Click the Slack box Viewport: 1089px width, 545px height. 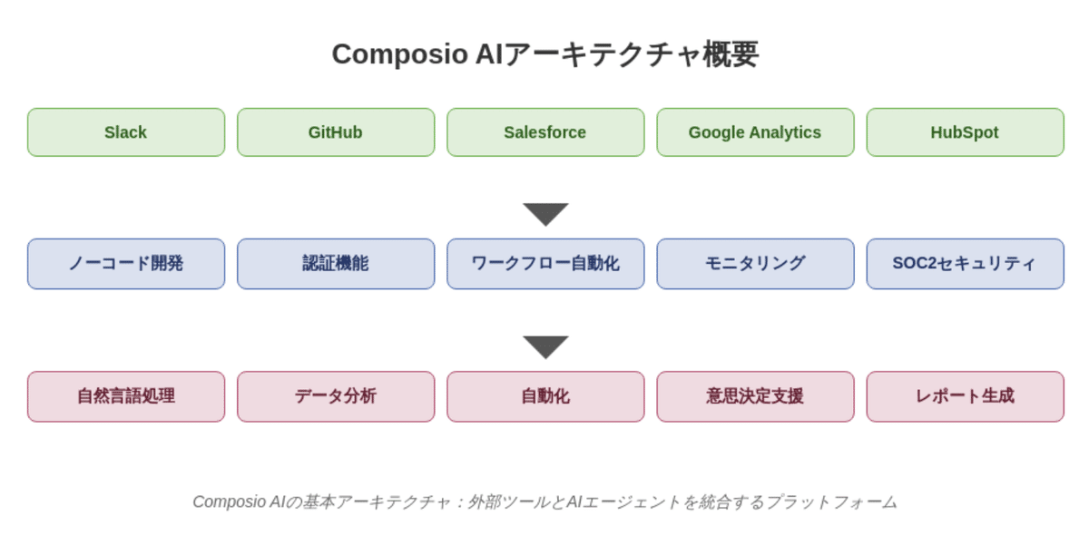coord(125,132)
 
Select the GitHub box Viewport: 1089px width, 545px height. coord(335,132)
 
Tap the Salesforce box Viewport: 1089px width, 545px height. coord(544,132)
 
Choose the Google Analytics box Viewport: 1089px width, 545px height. coord(754,132)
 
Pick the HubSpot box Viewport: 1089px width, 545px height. coord(964,132)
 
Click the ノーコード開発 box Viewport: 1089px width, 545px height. coord(125,264)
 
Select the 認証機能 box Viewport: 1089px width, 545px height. coord(335,264)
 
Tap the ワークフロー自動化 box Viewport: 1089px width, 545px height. coord(544,264)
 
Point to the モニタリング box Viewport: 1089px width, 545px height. coord(754,264)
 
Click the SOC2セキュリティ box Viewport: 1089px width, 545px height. coord(964,264)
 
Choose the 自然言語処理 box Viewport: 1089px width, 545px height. coord(125,396)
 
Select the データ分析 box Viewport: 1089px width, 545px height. coord(335,396)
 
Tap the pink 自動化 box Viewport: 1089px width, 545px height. coord(544,396)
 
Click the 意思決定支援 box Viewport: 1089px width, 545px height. coord(754,396)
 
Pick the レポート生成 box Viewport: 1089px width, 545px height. coord(964,396)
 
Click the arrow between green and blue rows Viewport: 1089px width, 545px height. coord(545,213)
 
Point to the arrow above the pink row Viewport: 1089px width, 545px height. coord(545,345)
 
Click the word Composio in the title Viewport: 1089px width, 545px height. coord(398,54)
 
